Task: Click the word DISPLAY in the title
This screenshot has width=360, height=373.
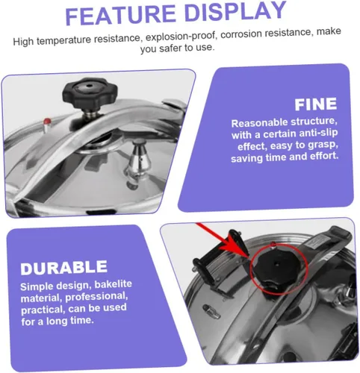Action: coord(235,11)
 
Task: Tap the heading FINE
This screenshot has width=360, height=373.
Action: coord(316,104)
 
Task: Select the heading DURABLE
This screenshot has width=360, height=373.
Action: coord(64,268)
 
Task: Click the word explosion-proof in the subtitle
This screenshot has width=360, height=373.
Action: coord(181,36)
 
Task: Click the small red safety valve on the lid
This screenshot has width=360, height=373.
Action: coord(47,122)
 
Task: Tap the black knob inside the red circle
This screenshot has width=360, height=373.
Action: coord(276,268)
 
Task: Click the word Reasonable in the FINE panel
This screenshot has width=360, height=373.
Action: coord(259,123)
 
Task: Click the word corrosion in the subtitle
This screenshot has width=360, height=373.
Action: coord(240,34)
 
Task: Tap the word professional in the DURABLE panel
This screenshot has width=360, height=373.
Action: coord(96,296)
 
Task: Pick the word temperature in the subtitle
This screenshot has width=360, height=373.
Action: coord(63,40)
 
